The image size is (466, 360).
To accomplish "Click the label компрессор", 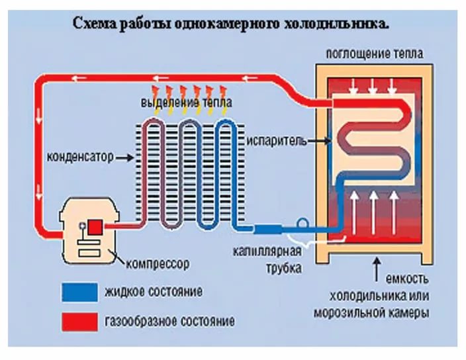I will click(x=157, y=264).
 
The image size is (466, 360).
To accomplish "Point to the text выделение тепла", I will click(x=178, y=104).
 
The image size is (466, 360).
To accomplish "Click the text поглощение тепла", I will click(x=374, y=53).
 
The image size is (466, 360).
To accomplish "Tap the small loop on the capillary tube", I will click(x=305, y=226).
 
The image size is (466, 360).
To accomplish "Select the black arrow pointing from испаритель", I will click(x=318, y=141).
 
